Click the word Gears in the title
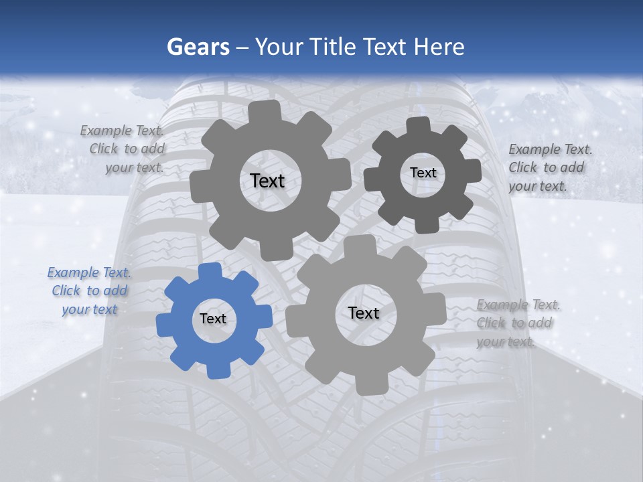tap(198, 47)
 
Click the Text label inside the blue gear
tap(213, 319)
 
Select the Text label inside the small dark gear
tap(423, 173)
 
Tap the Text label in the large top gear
tap(267, 181)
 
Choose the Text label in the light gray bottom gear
tap(364, 313)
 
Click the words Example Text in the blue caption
tap(89, 272)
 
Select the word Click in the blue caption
tap(66, 291)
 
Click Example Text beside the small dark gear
tap(550, 149)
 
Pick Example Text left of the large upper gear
tap(122, 131)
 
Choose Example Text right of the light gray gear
tap(518, 305)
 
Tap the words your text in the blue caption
tap(90, 309)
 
